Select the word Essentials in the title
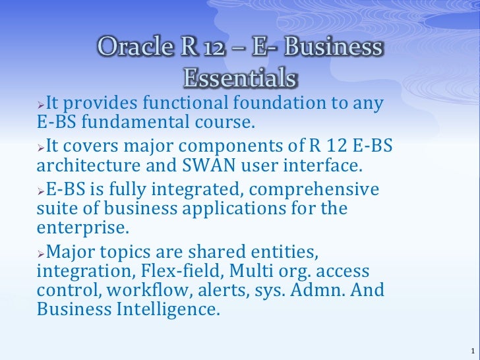tap(239, 78)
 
